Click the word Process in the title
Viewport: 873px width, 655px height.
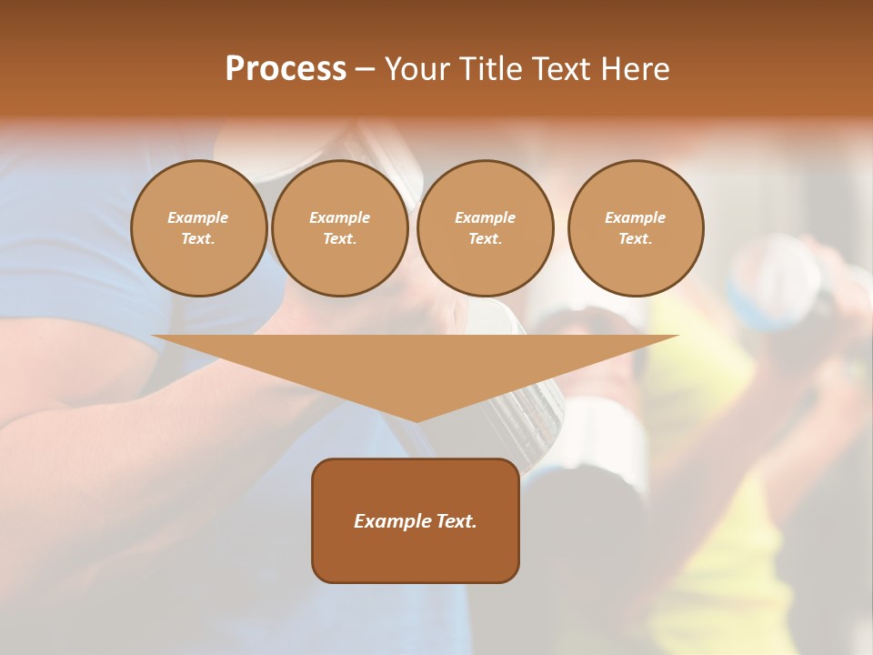click(x=286, y=69)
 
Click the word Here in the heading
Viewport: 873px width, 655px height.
click(x=634, y=69)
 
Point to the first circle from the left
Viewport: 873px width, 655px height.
click(x=199, y=227)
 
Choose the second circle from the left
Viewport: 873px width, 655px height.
click(x=340, y=227)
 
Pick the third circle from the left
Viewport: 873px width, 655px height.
click(x=486, y=227)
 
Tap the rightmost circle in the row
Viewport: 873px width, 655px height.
click(x=636, y=227)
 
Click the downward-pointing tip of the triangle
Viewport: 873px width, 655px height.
click(x=416, y=419)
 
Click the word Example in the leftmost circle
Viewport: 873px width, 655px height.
click(x=198, y=217)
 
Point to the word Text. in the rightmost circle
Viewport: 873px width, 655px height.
click(x=636, y=238)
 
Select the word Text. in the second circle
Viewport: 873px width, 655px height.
click(x=340, y=238)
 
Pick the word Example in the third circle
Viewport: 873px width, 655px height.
click(x=486, y=217)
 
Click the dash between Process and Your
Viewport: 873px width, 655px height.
click(x=366, y=69)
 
